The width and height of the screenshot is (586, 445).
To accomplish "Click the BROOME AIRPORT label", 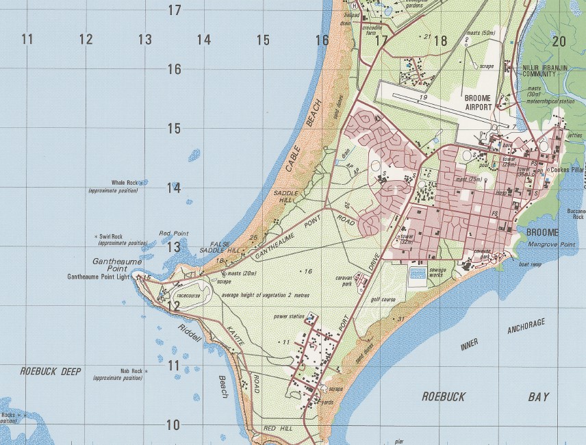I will (487, 103).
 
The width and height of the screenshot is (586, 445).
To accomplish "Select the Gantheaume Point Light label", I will (97, 277).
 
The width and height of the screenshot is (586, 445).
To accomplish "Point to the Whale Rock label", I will (125, 183).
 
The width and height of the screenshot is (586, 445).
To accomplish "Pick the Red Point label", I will (173, 233).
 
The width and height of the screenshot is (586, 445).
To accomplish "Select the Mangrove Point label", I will (550, 244).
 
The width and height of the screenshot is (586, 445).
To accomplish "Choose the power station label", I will (288, 317).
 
